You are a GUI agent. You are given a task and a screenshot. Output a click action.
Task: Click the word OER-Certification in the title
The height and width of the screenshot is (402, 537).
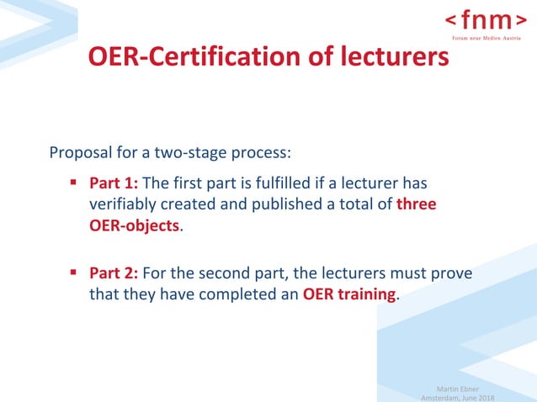coord(194,57)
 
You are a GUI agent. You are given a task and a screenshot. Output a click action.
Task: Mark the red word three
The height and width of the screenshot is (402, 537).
coord(417,204)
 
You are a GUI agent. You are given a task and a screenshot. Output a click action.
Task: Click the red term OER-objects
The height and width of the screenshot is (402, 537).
coord(135,225)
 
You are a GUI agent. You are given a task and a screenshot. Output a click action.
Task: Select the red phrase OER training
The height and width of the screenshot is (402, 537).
coord(348,295)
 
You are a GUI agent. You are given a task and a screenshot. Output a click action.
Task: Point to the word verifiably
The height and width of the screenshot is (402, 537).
coord(124,204)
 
